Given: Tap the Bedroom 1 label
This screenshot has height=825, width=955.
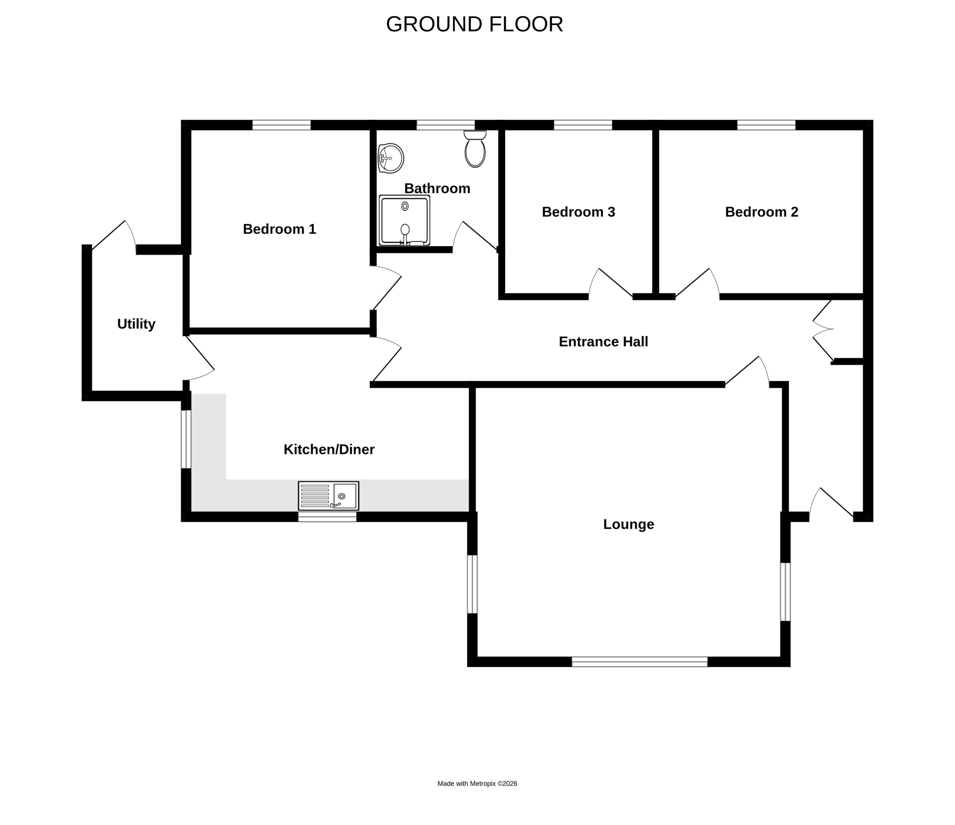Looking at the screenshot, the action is pyautogui.click(x=279, y=229).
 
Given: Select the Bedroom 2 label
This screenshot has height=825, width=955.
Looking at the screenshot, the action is pyautogui.click(x=761, y=212).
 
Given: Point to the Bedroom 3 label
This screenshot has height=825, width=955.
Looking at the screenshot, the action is pyautogui.click(x=579, y=212).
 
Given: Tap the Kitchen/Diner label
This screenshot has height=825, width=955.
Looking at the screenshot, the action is pyautogui.click(x=329, y=449).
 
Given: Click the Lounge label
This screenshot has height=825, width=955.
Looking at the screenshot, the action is pyautogui.click(x=629, y=524).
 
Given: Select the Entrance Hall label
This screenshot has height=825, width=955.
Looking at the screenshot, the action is pyautogui.click(x=603, y=342).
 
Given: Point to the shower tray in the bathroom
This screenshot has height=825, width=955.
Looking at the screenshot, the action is pyautogui.click(x=404, y=220).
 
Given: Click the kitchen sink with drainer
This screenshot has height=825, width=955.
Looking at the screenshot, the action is pyautogui.click(x=329, y=496).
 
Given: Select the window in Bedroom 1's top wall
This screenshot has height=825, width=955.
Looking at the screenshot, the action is pyautogui.click(x=281, y=125).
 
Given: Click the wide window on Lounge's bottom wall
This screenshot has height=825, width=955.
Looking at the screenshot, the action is pyautogui.click(x=640, y=662).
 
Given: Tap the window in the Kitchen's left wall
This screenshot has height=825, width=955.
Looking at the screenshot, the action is pyautogui.click(x=186, y=439).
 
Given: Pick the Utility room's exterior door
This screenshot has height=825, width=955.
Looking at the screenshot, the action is pyautogui.click(x=114, y=237).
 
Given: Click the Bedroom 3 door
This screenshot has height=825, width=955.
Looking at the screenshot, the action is pyautogui.click(x=611, y=283).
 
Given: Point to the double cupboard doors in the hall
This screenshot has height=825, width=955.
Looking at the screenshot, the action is pyautogui.click(x=823, y=329).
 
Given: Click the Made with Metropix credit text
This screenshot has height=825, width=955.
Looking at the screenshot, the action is pyautogui.click(x=477, y=784).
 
